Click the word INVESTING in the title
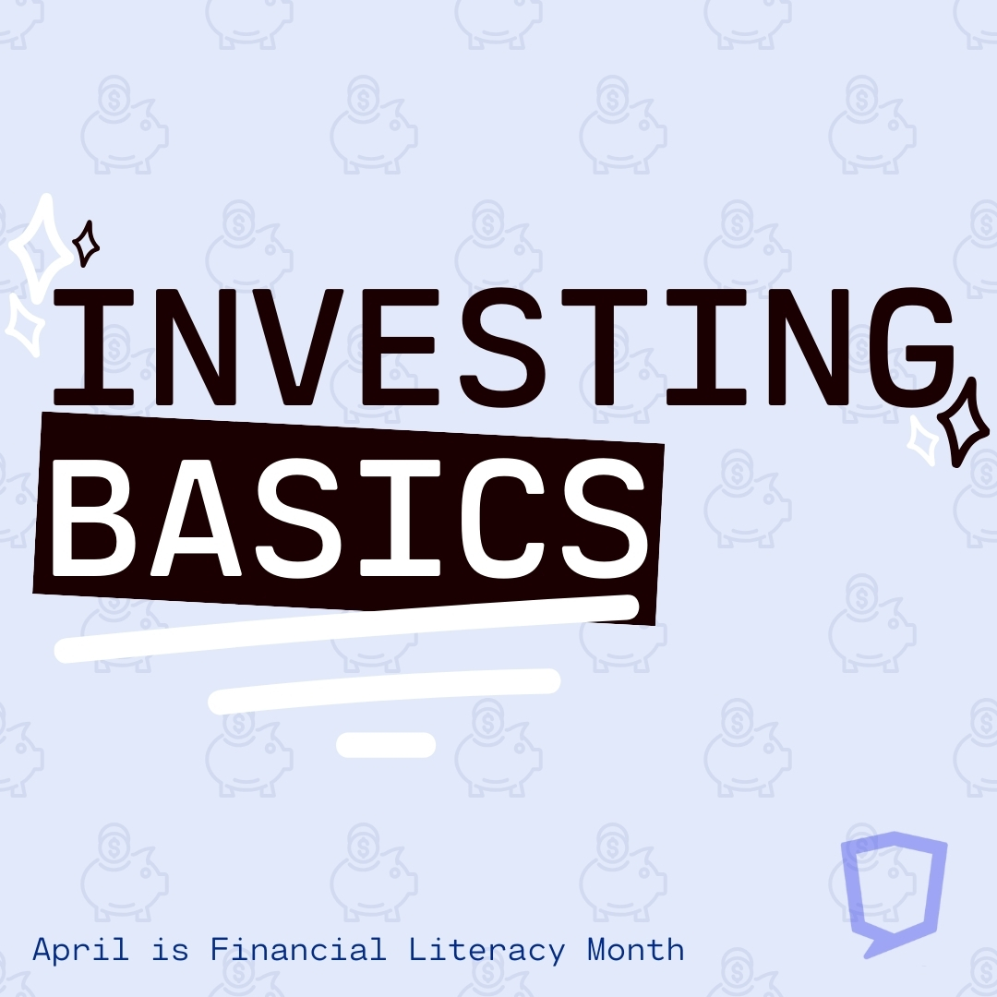click(x=504, y=346)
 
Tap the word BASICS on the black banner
click(x=350, y=518)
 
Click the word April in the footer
click(x=80, y=951)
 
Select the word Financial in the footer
click(x=298, y=949)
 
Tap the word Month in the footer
click(x=635, y=949)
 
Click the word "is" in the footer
click(x=171, y=950)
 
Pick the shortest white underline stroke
click(x=386, y=745)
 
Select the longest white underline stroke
click(x=346, y=629)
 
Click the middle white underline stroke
click(x=384, y=691)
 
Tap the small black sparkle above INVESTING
click(x=86, y=244)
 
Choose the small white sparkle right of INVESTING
click(x=922, y=438)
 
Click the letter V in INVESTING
click(x=298, y=346)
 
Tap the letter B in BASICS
click(x=86, y=518)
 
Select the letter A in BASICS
click(x=196, y=518)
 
